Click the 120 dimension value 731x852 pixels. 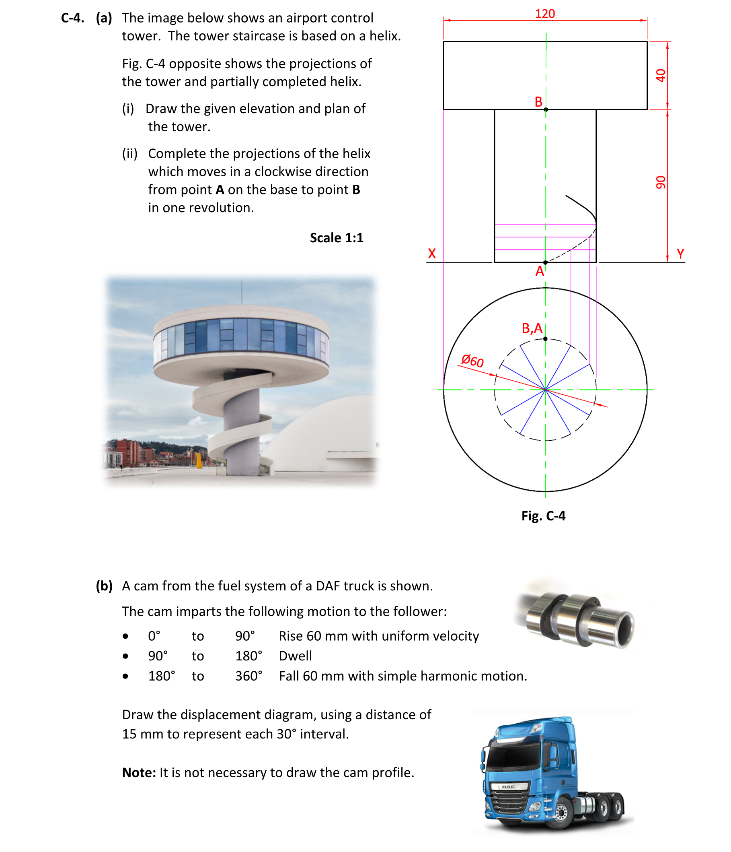pos(544,14)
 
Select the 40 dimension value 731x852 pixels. pos(660,75)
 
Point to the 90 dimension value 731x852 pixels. pos(660,182)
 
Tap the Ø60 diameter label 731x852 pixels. pos(472,361)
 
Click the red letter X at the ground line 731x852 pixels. pos(431,253)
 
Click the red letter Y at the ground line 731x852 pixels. pos(680,253)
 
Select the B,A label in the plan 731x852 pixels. pos(532,328)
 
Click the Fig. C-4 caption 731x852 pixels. pos(543,516)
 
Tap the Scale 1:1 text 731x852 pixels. pos(336,238)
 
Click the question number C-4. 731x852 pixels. pos(73,18)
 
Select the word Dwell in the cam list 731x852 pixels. pos(295,656)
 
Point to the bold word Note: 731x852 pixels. pos(138,773)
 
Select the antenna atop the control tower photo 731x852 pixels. pos(242,292)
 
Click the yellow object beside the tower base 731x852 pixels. pos(199,460)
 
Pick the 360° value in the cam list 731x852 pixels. pos(248,676)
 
